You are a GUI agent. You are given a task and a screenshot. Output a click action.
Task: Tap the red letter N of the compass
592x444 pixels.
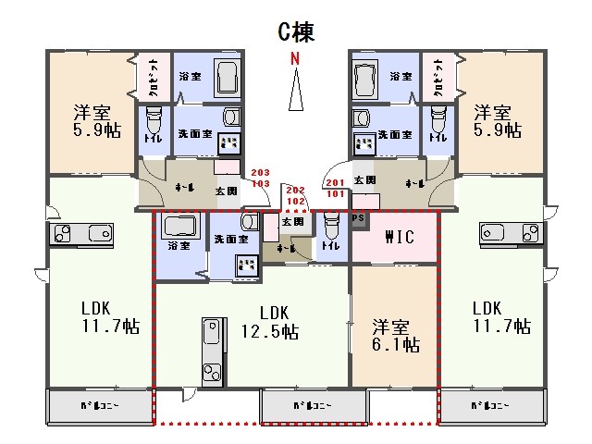click(296, 59)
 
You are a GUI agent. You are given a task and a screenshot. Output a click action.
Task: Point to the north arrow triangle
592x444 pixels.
click(296, 91)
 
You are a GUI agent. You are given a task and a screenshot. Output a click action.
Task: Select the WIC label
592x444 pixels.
click(392, 237)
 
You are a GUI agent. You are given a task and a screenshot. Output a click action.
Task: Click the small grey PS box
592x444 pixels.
click(359, 218)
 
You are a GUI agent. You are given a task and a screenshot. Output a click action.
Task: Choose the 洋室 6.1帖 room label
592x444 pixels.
click(395, 335)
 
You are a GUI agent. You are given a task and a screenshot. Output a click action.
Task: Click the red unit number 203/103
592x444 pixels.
click(260, 178)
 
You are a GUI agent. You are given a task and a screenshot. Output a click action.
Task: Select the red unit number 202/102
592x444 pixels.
click(296, 194)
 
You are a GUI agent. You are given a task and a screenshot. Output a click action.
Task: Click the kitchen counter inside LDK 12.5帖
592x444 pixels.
click(212, 351)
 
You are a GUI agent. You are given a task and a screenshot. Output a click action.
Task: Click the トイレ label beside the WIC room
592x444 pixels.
click(331, 247)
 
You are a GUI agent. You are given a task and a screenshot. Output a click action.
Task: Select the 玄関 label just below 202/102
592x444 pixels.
click(292, 222)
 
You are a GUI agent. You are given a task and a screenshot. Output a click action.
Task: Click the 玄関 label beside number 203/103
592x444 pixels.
click(226, 191)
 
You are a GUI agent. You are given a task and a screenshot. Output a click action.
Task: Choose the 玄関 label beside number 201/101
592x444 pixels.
click(364, 179)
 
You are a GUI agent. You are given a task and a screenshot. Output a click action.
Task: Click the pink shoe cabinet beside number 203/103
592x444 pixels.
click(227, 167)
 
